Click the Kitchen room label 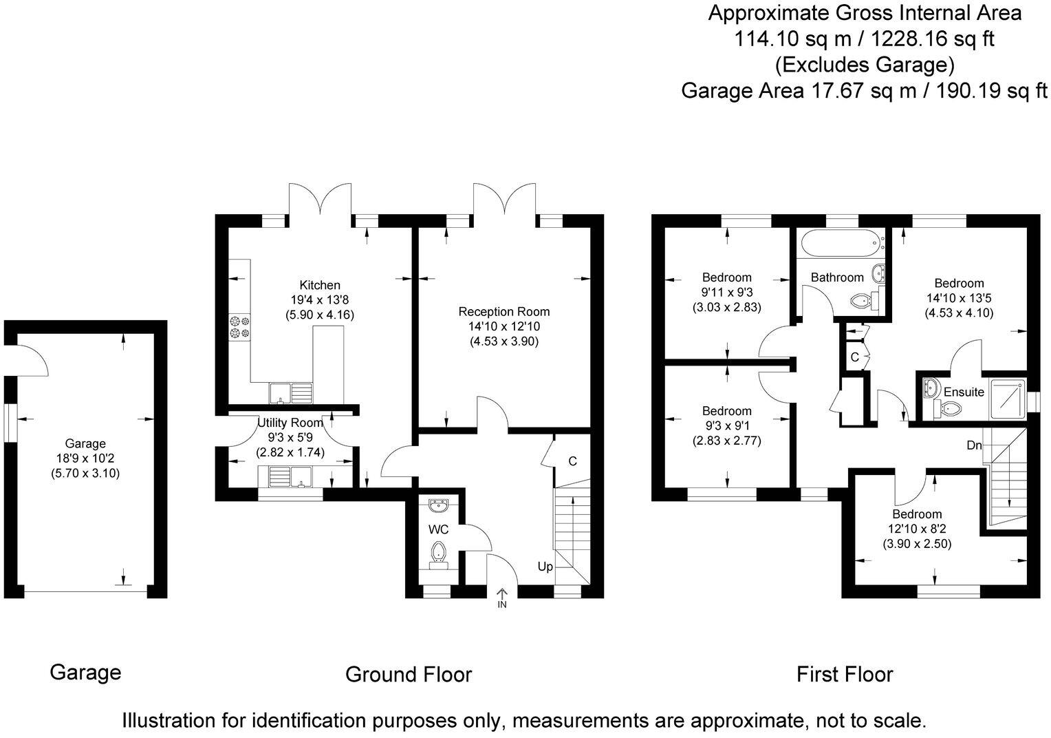click(320, 285)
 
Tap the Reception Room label click(504, 312)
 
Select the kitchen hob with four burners click(239, 327)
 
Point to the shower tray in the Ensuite click(1008, 398)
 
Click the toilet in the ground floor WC click(438, 556)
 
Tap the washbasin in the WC click(438, 506)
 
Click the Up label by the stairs click(545, 567)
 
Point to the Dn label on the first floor click(974, 445)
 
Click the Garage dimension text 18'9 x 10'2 click(85, 458)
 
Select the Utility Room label click(290, 423)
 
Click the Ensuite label click(964, 392)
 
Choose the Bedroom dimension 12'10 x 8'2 click(917, 529)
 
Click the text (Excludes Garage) click(865, 65)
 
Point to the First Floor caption click(845, 675)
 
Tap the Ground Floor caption click(408, 675)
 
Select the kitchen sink click(291, 393)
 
